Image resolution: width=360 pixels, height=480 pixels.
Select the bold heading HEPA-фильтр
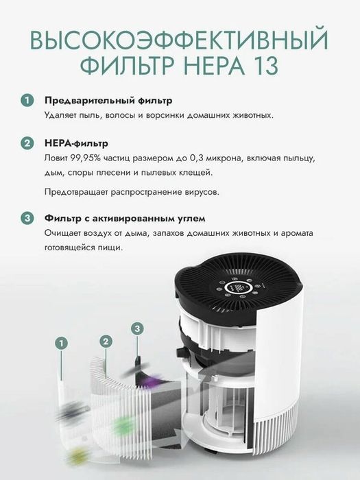[x=76, y=143]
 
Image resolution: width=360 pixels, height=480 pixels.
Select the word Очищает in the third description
[x=61, y=233]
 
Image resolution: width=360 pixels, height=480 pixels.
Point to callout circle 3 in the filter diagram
[x=138, y=329]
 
